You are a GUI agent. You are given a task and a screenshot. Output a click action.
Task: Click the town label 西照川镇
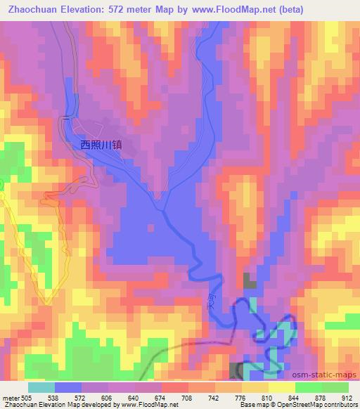[x=106, y=145]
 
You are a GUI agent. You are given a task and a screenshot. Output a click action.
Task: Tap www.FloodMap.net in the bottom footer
[x=148, y=405]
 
